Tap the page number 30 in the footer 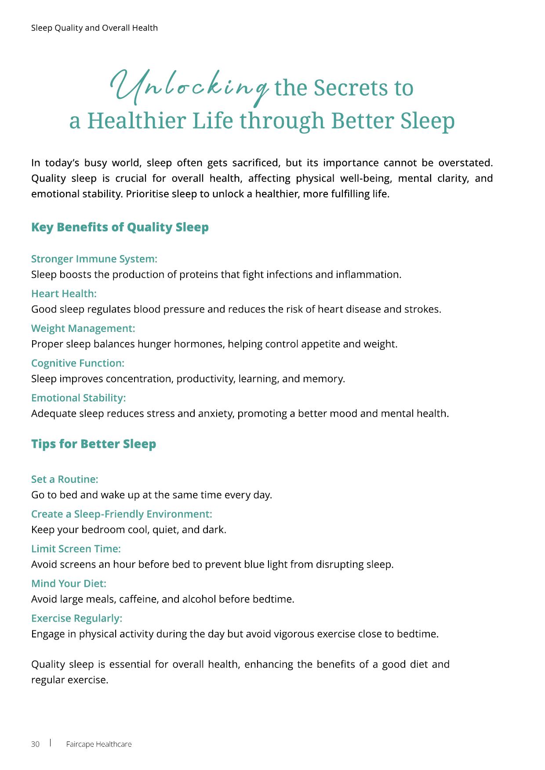(x=35, y=744)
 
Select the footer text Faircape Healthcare (x=99, y=744)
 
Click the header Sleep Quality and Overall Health (x=94, y=28)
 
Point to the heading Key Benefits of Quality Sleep (x=120, y=227)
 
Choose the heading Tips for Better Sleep (x=94, y=444)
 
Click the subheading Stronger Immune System (x=94, y=259)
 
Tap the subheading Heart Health (x=64, y=294)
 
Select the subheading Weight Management (x=83, y=328)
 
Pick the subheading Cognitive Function (x=78, y=363)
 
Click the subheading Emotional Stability (x=78, y=398)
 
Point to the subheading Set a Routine (x=65, y=479)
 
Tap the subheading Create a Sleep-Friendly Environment (x=122, y=514)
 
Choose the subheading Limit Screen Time (x=76, y=549)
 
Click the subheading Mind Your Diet (x=69, y=583)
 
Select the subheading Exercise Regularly (x=76, y=618)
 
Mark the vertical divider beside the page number (x=50, y=743)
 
